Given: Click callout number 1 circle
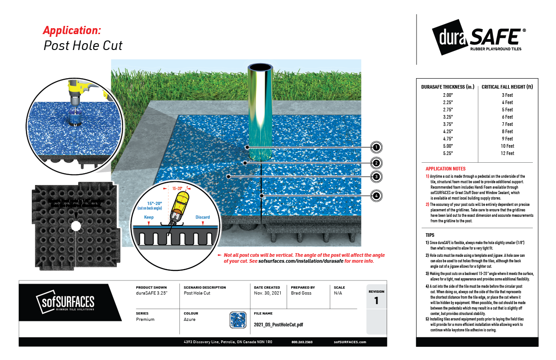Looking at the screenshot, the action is coord(376,147).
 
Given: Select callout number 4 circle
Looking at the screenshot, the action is coord(376,196).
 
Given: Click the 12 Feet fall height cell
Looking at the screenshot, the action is coord(507,153).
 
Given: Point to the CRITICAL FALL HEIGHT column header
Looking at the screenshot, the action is coord(507,86).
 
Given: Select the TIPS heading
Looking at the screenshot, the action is coord(430,235).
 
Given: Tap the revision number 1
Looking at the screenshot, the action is coord(376,301).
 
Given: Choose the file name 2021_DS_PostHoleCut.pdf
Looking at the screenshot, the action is coord(278,325).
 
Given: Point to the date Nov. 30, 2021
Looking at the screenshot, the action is coord(268,294).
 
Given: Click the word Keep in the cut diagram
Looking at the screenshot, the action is coord(149,217).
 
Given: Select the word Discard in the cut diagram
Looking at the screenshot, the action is coord(203,217).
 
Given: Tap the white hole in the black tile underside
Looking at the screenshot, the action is coord(76,225).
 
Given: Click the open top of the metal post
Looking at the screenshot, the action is coord(260,68).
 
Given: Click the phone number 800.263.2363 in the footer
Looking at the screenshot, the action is coord(303,342).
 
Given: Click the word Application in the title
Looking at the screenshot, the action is coord(72,30).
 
